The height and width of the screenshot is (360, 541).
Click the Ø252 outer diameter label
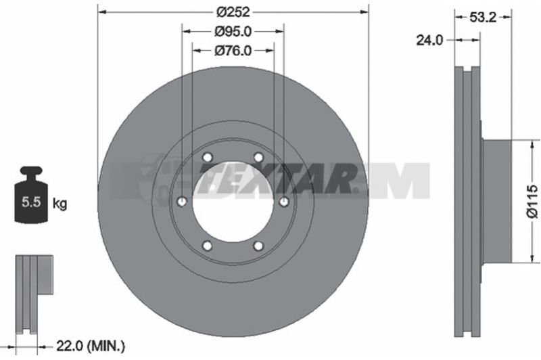point(233,12)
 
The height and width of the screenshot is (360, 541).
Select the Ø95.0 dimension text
point(233,32)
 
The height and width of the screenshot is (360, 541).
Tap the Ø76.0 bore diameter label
point(233,51)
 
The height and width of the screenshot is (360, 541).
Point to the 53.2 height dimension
point(483,17)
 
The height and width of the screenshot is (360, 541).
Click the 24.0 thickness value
point(429,41)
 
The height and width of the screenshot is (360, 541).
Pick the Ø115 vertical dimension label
point(532,201)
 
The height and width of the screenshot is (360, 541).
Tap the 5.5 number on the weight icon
point(31,202)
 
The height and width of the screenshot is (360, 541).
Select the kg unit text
point(60,204)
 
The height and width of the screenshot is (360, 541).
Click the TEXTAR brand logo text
point(278,179)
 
